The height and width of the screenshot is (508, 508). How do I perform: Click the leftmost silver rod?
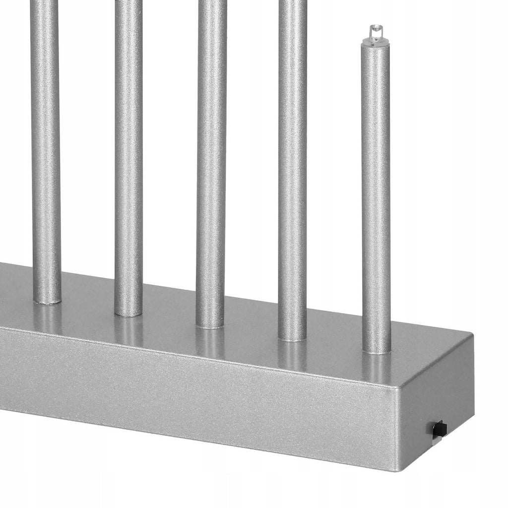click(x=46, y=149)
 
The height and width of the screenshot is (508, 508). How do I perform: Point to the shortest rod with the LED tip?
click(x=376, y=198)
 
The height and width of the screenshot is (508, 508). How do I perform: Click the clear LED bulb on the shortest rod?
click(x=376, y=33)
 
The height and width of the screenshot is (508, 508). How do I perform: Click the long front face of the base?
click(x=198, y=392)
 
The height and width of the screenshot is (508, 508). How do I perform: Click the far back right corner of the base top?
click(x=471, y=337)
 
